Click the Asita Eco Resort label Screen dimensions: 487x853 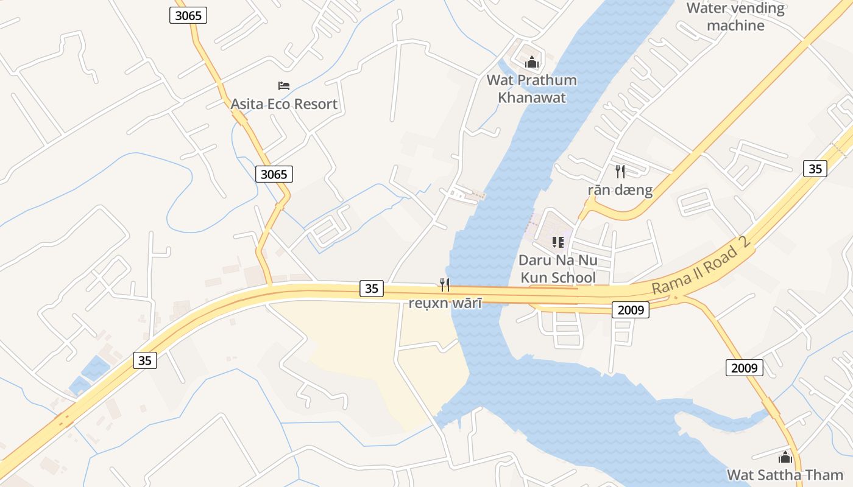284,104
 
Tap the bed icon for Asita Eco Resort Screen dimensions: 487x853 284,86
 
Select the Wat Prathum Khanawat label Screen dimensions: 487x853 532,89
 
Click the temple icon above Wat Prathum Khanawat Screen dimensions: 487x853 532,62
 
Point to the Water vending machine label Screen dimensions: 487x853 735,16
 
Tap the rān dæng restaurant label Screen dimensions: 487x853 620,191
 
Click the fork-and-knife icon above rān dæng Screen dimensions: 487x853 620,171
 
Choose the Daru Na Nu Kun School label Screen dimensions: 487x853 557,269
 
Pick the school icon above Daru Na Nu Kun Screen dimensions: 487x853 557,242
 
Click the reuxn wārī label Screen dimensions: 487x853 445,303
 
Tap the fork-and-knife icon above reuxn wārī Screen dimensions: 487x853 445,284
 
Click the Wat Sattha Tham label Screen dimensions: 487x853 785,475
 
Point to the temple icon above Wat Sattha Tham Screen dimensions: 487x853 785,456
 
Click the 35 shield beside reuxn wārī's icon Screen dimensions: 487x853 372,289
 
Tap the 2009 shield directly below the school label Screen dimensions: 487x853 631,310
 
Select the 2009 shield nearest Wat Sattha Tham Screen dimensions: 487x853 744,368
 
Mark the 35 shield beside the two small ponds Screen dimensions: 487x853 144,360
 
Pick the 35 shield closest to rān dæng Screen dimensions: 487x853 815,169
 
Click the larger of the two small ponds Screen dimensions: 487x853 96,369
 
